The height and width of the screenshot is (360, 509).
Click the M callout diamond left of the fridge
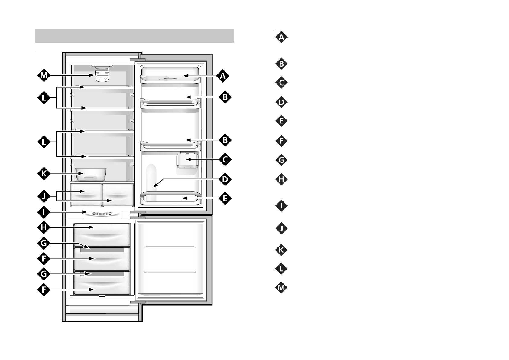44,75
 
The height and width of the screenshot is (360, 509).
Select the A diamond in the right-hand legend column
281,38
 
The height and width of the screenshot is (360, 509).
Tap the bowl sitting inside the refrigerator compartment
91,174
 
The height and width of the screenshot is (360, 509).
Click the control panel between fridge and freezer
102,214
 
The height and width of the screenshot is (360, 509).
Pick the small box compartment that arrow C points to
186,160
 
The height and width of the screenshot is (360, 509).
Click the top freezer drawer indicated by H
102,235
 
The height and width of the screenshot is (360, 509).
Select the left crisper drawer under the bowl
86,194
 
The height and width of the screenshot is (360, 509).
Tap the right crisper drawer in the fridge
118,194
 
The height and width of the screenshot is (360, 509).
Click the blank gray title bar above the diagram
135,36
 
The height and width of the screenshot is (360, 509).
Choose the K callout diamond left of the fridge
44,174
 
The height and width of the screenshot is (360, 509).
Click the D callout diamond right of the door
225,179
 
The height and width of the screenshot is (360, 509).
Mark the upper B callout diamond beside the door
225,97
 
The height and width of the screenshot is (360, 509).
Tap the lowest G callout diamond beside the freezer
44,274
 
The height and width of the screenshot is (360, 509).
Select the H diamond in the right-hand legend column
281,179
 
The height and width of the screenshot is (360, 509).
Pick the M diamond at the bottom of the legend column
281,288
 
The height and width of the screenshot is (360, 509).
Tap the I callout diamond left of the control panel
44,212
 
